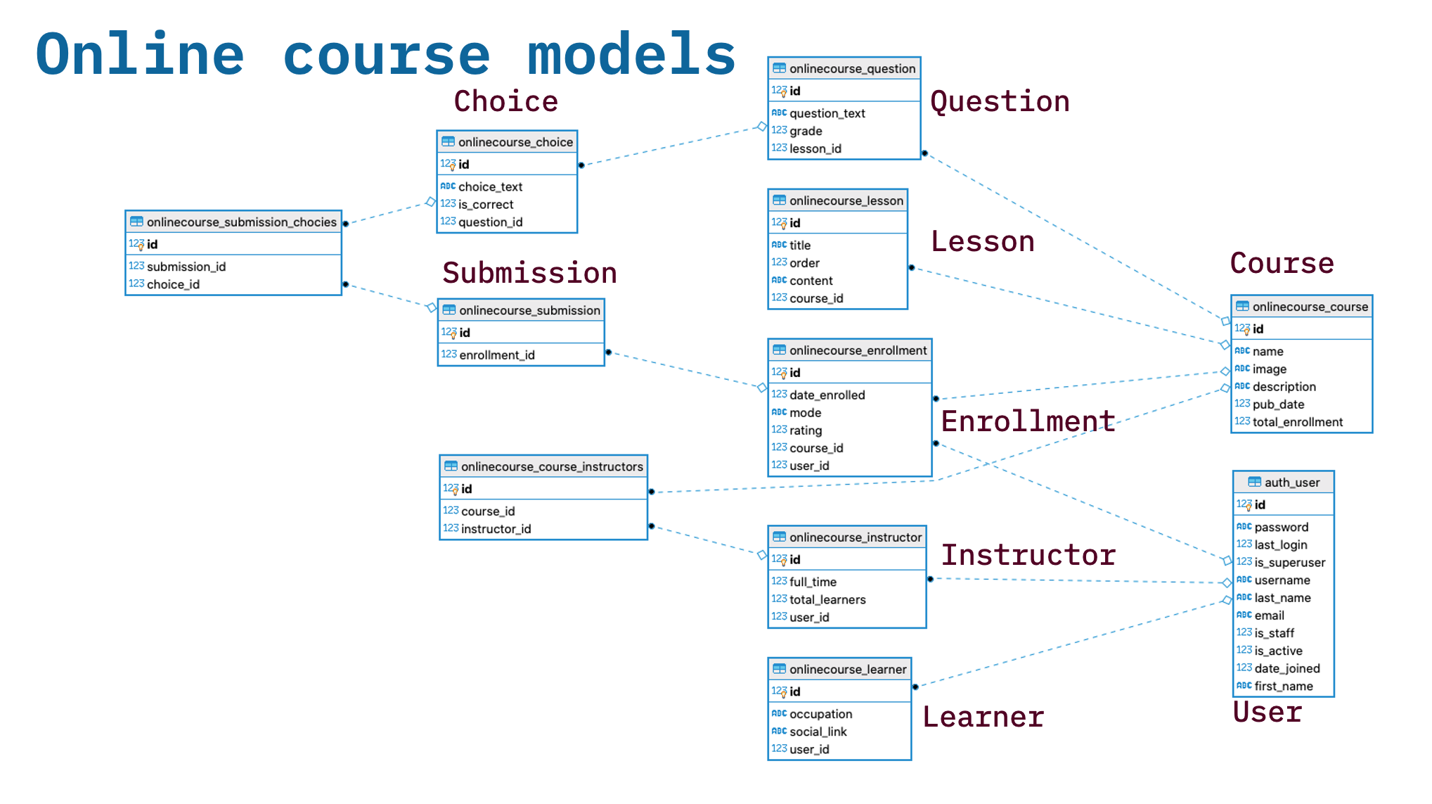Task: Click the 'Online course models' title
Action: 385,55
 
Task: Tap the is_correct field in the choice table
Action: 485,205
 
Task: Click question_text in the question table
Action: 827,113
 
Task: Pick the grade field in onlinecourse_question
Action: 806,131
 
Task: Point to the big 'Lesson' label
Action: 982,242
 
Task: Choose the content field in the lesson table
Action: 811,281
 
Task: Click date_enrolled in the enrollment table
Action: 827,395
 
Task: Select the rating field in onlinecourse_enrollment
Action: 806,430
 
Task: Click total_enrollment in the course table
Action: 1297,422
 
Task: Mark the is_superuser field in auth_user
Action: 1289,563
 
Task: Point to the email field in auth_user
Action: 1269,615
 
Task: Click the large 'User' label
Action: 1267,713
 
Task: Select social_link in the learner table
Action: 818,732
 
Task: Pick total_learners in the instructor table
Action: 827,600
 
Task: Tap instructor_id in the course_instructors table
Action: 496,529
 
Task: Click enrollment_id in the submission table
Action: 496,355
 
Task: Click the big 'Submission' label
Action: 529,273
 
